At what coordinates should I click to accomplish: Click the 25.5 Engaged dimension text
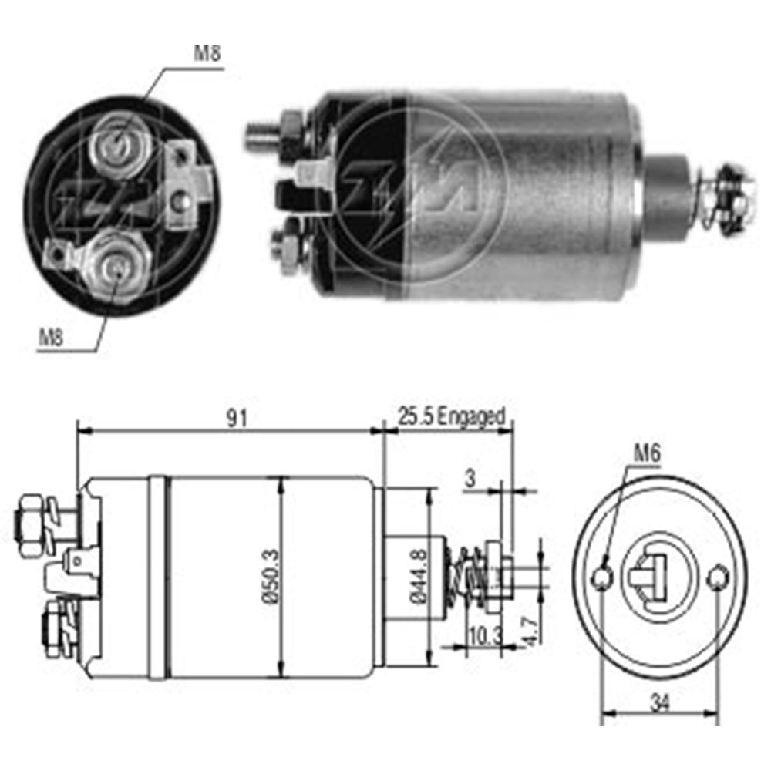tap(451, 416)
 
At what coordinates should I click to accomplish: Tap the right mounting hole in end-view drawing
tap(719, 575)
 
